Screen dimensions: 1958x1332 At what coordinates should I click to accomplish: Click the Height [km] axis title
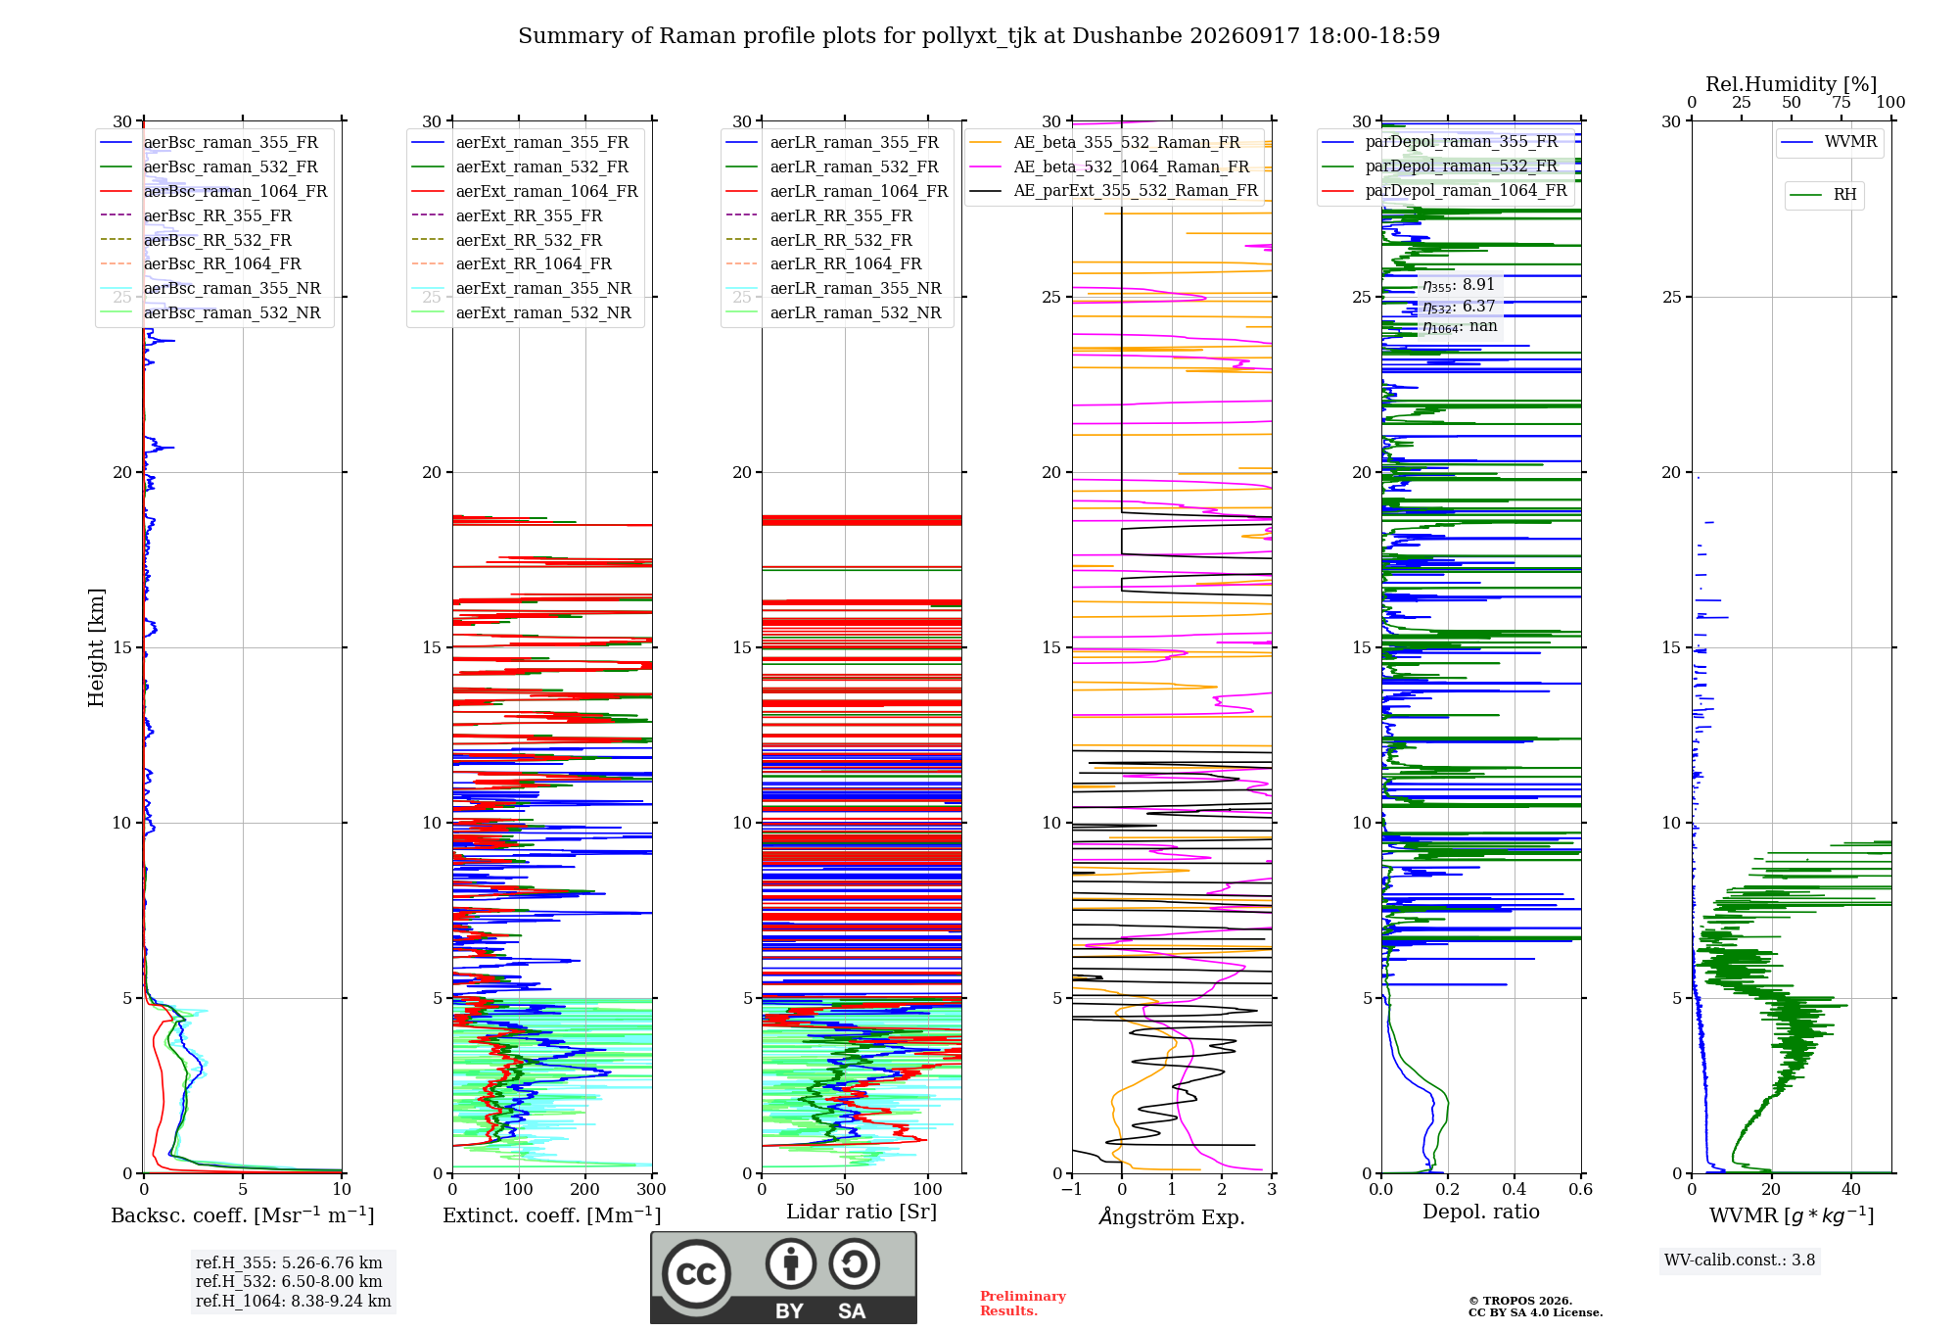[x=96, y=647]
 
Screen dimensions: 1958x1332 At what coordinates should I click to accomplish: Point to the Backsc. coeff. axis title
[x=243, y=1214]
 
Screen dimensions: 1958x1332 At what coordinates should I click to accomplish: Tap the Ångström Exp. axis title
[x=1172, y=1216]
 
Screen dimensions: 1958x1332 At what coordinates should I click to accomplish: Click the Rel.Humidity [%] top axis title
[x=1792, y=84]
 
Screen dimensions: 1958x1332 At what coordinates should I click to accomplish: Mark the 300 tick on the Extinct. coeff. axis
[x=652, y=1189]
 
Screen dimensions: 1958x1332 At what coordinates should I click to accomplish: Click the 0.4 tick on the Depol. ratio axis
[x=1515, y=1189]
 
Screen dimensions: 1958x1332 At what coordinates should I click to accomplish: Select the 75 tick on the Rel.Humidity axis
[x=1841, y=102]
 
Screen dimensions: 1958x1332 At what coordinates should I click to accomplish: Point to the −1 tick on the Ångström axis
[x=1072, y=1189]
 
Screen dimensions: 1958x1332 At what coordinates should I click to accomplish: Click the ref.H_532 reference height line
[x=289, y=1281]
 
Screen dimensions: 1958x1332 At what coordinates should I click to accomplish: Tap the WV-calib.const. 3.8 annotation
[x=1740, y=1261]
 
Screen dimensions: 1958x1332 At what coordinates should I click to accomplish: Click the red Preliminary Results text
[x=1023, y=1304]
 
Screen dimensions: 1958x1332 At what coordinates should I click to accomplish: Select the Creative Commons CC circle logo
[x=697, y=1274]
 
